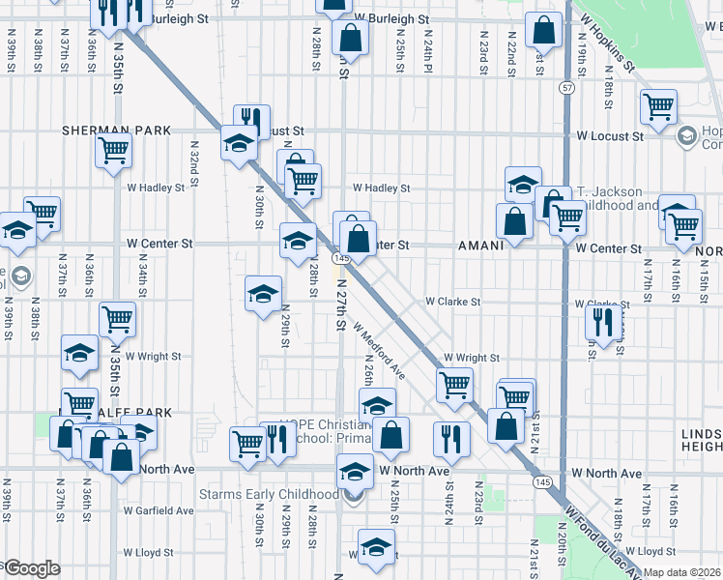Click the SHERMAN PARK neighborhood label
(116, 130)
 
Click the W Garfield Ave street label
(159, 509)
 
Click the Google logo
(31, 567)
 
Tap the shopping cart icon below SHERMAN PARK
(113, 151)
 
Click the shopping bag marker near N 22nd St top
(544, 31)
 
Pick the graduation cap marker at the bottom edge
(376, 546)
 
